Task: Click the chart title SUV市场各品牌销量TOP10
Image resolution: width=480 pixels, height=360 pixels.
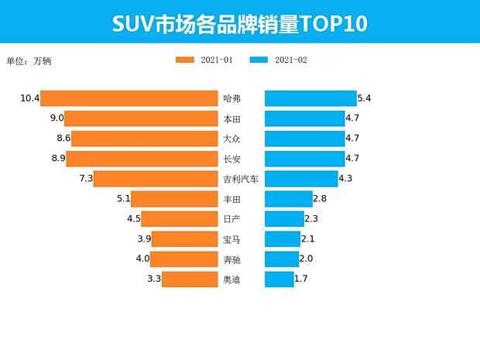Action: point(239,23)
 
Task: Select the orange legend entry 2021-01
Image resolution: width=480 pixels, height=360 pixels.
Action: point(204,60)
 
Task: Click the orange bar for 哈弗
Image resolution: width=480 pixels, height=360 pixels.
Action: point(129,98)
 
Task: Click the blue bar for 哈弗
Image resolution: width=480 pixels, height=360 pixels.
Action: point(310,98)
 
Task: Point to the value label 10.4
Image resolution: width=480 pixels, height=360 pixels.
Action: point(29,98)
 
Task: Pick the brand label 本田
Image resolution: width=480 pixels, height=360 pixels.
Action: point(231,118)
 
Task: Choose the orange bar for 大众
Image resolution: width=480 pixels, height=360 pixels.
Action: point(145,139)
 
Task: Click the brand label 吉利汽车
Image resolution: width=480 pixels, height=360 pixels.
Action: point(241,179)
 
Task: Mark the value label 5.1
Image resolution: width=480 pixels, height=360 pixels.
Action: point(122,199)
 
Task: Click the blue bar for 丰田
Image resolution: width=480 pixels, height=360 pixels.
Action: point(288,199)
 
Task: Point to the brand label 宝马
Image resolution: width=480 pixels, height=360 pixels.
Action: point(231,239)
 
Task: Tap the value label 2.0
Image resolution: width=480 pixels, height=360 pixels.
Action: point(306,259)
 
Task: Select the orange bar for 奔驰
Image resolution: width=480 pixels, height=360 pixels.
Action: point(183,259)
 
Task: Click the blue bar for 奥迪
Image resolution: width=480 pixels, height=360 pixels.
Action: point(279,279)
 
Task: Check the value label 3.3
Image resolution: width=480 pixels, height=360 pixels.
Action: point(153,279)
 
